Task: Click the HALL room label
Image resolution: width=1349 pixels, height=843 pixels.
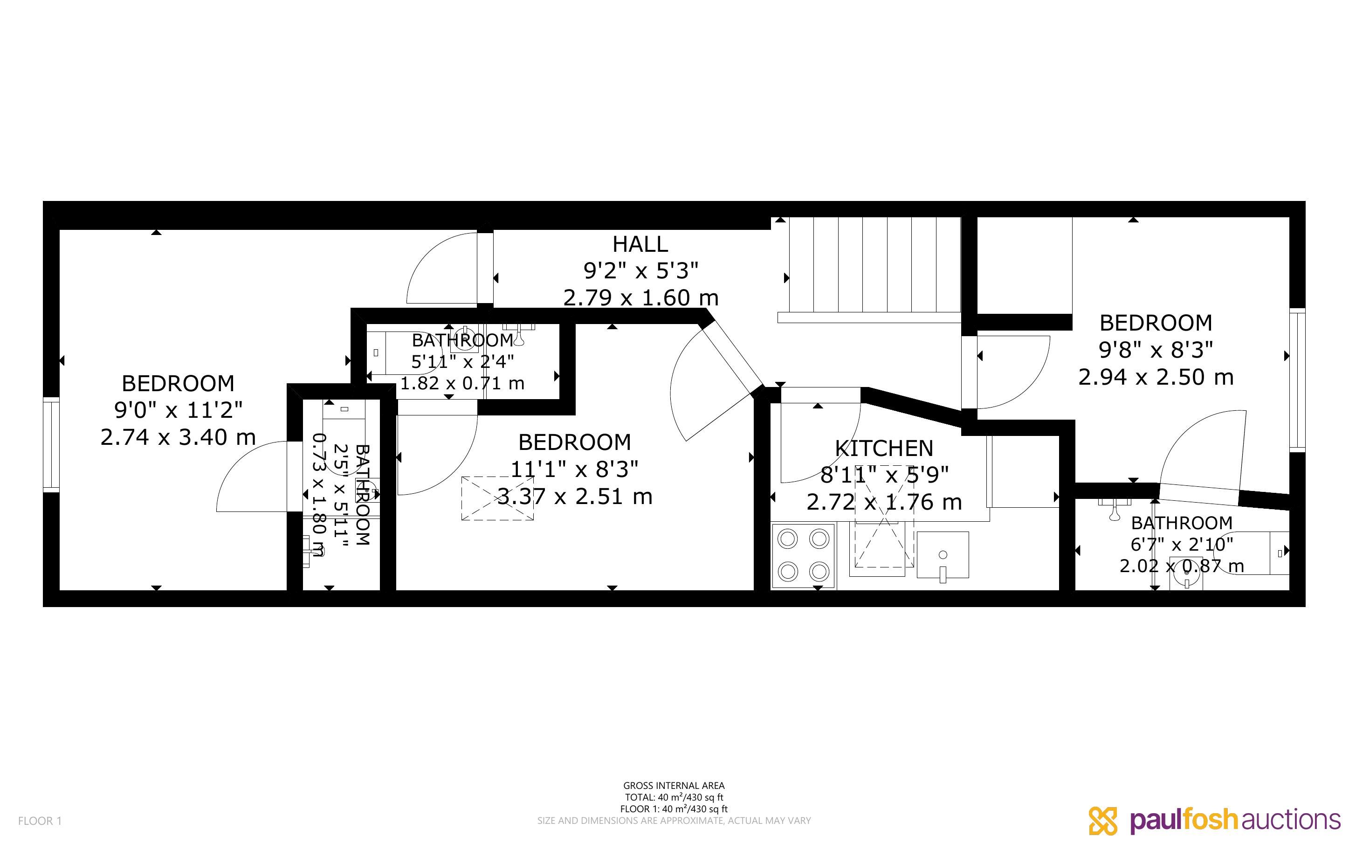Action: [x=640, y=244]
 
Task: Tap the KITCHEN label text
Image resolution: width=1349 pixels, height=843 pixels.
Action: [x=884, y=448]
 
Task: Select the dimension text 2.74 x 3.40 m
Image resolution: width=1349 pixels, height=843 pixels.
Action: [x=178, y=437]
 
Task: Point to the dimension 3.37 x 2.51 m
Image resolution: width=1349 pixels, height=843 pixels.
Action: [x=574, y=496]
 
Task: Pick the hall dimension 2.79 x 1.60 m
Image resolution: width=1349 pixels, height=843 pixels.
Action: [x=641, y=298]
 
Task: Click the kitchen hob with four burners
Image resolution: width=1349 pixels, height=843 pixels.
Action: [x=804, y=555]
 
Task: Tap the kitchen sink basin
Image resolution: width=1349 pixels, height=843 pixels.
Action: [x=942, y=555]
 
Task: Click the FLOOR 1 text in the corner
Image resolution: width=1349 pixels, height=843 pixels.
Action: [x=40, y=821]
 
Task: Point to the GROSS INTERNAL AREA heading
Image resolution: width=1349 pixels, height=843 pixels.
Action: [x=674, y=786]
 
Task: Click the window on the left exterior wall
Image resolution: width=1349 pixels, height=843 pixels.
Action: [x=51, y=445]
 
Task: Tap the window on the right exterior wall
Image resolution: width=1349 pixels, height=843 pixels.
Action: [x=1297, y=380]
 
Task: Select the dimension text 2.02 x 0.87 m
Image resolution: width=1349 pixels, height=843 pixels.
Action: [x=1181, y=566]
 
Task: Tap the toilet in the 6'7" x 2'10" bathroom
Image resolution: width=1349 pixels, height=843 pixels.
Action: [x=1186, y=580]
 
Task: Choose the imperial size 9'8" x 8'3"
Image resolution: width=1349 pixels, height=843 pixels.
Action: [x=1156, y=350]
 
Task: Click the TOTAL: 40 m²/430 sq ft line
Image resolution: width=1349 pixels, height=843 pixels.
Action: [x=674, y=797]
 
